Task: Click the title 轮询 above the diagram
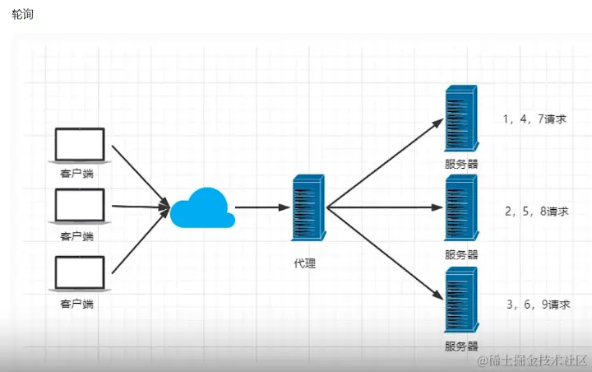pyautogui.click(x=23, y=14)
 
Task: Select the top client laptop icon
pyautogui.click(x=79, y=146)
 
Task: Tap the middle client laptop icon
pyautogui.click(x=79, y=207)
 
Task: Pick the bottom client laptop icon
pyautogui.click(x=79, y=275)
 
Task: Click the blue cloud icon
pyautogui.click(x=201, y=207)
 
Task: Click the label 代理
pyautogui.click(x=304, y=263)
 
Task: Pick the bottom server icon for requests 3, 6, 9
pyautogui.click(x=461, y=301)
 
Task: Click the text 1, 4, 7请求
pyautogui.click(x=534, y=119)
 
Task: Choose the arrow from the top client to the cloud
pyautogui.click(x=138, y=174)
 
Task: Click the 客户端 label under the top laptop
pyautogui.click(x=77, y=174)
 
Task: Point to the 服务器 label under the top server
pyautogui.click(x=461, y=164)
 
